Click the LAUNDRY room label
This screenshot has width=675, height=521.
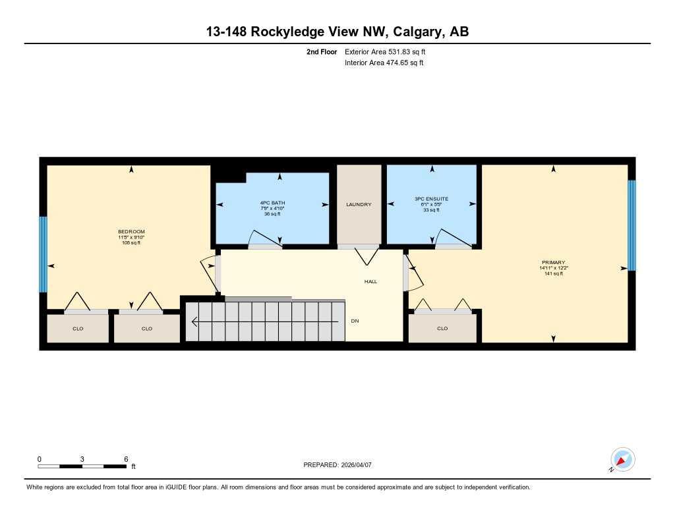359,205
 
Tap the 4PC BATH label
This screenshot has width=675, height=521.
272,202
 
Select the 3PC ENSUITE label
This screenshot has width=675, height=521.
431,198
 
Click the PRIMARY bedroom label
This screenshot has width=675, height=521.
552,262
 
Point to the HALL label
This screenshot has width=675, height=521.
371,281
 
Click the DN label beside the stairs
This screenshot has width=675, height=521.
355,321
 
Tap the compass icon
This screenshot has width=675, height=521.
622,459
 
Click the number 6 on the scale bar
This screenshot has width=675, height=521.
125,458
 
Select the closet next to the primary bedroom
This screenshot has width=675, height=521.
442,328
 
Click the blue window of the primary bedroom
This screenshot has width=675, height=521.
631,225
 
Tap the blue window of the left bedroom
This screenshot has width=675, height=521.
44,254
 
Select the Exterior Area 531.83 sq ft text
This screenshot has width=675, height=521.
390,51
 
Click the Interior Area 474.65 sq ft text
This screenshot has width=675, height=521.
384,63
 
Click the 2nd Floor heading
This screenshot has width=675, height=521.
322,51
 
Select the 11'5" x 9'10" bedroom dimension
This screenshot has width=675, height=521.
131,237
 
